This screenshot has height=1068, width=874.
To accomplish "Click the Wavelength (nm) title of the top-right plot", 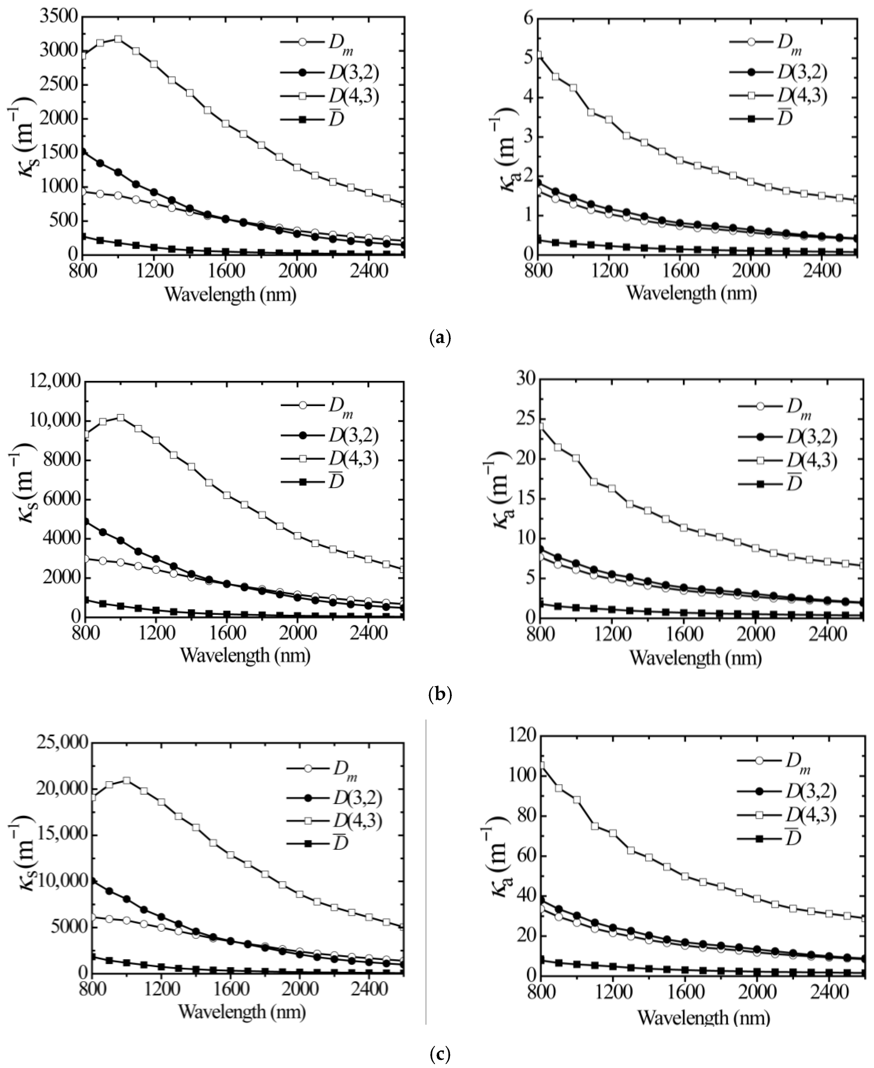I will (691, 293).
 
